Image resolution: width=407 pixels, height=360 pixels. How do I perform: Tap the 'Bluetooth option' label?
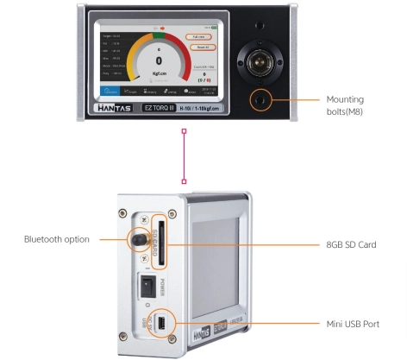[57, 239]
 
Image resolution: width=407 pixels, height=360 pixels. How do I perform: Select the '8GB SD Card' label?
[353, 245]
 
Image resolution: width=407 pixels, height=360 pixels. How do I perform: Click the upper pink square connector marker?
[184, 132]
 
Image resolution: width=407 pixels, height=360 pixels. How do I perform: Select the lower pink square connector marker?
[184, 181]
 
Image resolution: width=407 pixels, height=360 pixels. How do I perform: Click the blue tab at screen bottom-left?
[110, 91]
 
